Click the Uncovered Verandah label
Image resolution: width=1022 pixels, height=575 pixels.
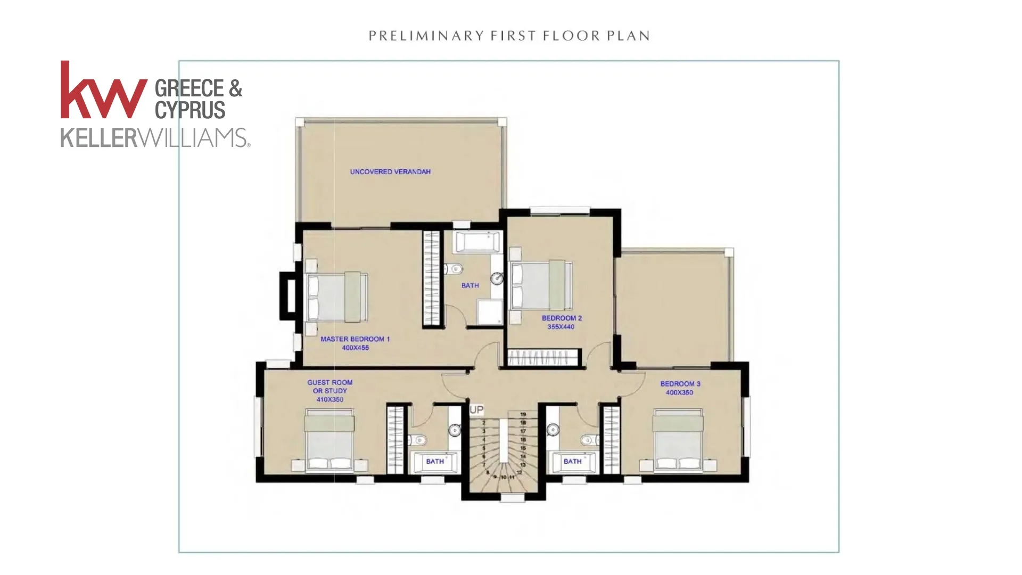point(390,172)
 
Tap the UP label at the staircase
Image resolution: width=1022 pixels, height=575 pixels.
point(476,410)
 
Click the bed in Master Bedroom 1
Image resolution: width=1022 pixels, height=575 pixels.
point(336,297)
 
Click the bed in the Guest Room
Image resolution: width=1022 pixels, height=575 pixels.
point(329,440)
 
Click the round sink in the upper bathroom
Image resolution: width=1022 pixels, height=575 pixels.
point(497,278)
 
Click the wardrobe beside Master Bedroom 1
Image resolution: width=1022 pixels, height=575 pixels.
point(432,278)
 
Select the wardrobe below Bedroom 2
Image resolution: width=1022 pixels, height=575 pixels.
point(543,357)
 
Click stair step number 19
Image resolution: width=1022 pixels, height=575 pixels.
point(523,414)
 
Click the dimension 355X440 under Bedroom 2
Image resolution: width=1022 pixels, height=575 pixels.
point(561,327)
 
